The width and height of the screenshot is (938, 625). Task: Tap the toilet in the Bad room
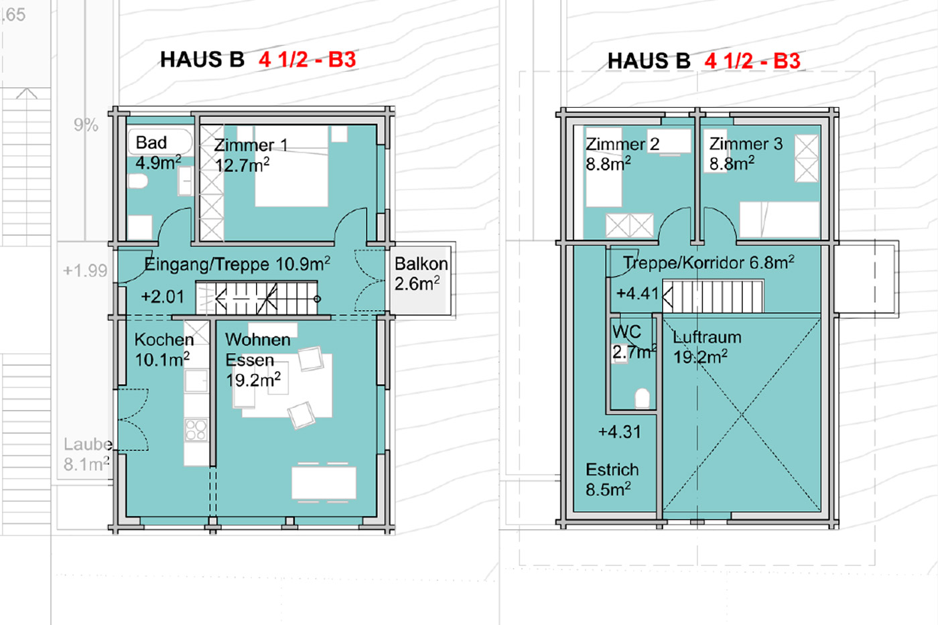[138, 182]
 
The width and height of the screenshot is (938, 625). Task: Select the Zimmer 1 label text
[251, 145]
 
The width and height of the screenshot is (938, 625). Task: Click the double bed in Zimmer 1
[291, 166]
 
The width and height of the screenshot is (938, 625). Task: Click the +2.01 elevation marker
[162, 297]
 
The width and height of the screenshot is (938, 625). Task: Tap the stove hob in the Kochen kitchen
[196, 430]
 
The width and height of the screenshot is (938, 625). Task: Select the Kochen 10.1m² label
[163, 350]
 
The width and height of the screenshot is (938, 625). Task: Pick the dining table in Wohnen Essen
[324, 483]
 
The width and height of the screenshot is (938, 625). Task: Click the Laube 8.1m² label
[88, 454]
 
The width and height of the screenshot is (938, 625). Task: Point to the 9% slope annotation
[86, 125]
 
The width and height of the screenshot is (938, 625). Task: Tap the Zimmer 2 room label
[622, 153]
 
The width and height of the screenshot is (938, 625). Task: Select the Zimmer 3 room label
[746, 153]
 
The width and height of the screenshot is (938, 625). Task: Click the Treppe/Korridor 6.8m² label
[709, 263]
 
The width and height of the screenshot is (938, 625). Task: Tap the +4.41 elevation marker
[638, 293]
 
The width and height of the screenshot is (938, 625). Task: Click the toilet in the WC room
[642, 398]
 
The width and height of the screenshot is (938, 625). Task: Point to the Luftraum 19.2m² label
[707, 347]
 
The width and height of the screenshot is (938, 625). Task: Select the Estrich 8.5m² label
[612, 480]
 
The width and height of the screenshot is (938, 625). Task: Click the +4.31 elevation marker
[620, 431]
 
